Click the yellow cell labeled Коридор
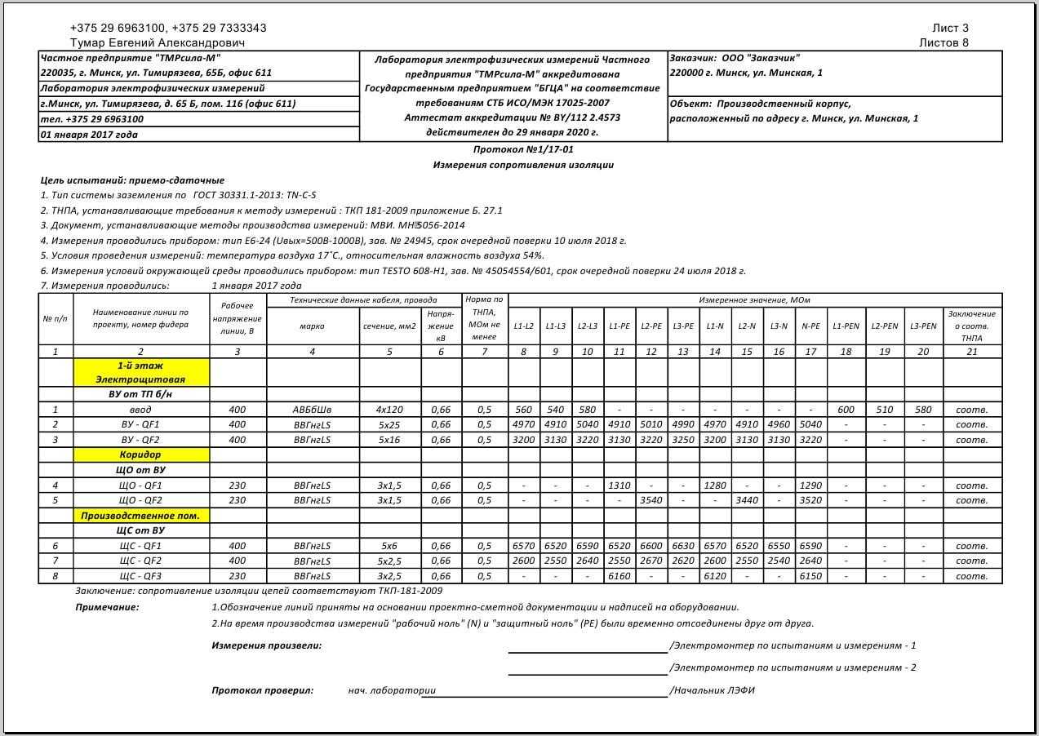click(141, 454)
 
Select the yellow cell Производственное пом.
click(141, 516)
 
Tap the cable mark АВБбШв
click(312, 410)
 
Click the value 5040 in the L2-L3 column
click(587, 424)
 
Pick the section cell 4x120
click(389, 410)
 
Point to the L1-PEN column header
click(846, 326)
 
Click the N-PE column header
click(810, 326)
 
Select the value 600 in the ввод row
click(846, 410)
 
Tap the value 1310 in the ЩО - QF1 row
click(619, 485)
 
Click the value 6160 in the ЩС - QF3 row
click(619, 576)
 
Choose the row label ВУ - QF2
click(140, 440)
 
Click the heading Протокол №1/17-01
click(523, 150)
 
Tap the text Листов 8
click(944, 42)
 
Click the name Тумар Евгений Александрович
click(158, 42)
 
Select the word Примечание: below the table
click(107, 607)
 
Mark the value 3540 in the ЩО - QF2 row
click(651, 500)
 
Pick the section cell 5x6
click(389, 546)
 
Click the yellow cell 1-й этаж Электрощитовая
click(141, 373)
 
